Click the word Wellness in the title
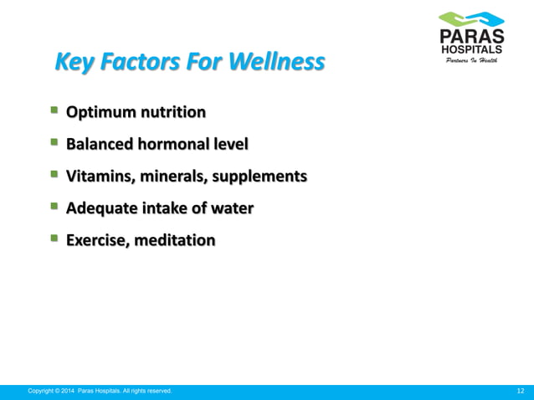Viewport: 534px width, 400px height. click(272, 62)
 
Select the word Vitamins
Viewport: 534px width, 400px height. click(101, 176)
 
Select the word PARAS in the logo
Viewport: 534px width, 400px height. click(472, 37)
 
